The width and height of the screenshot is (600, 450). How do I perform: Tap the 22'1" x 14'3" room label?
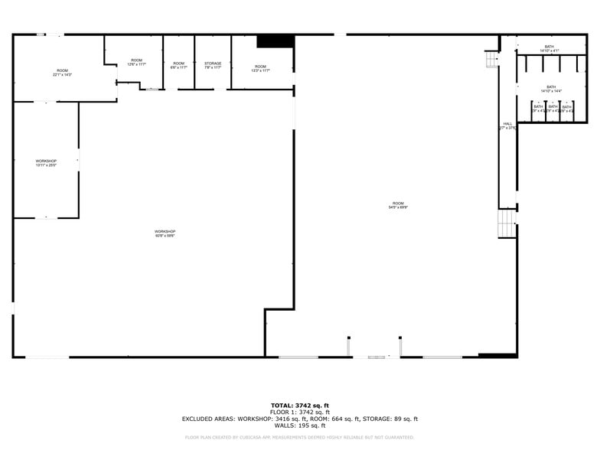pyautogui.click(x=62, y=73)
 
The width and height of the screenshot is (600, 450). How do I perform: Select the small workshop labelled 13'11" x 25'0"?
pyautogui.click(x=46, y=163)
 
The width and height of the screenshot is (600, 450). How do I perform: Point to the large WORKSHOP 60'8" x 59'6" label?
pyautogui.click(x=165, y=233)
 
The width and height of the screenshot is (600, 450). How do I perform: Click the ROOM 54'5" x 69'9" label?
pyautogui.click(x=397, y=204)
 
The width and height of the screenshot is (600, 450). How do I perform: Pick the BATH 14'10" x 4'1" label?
pyautogui.click(x=549, y=49)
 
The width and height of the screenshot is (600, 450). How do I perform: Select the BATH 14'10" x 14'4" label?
pyautogui.click(x=551, y=89)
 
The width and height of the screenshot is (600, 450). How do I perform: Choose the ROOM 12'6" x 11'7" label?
pyautogui.click(x=136, y=62)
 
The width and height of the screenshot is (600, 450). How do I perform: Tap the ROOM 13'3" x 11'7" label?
pyautogui.click(x=261, y=68)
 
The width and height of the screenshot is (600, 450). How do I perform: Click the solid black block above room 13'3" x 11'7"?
pyautogui.click(x=276, y=41)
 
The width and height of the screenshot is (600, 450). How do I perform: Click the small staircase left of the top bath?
pyautogui.click(x=491, y=59)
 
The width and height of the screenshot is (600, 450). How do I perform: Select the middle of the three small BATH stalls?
pyautogui.click(x=553, y=109)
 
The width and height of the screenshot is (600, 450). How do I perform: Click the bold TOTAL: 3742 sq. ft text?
pyautogui.click(x=300, y=405)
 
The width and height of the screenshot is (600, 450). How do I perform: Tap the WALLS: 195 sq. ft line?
pyautogui.click(x=300, y=426)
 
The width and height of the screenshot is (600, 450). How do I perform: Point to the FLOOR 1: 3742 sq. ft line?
pyautogui.click(x=300, y=412)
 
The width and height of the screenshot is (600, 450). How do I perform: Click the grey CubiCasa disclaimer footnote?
pyautogui.click(x=300, y=438)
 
